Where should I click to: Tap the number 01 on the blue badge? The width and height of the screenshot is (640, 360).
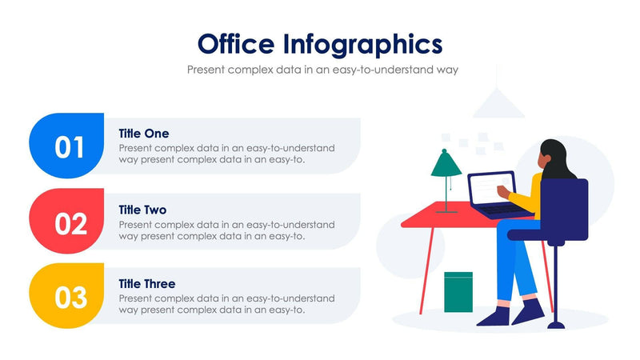coord(70,147)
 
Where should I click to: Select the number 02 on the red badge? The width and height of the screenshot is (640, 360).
coord(70,223)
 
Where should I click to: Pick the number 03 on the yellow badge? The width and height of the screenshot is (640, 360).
coord(70,298)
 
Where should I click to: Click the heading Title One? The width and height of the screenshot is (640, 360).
coord(144,133)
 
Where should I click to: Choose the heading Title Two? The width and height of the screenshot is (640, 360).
coord(142,210)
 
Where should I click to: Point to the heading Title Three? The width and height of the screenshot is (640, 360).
coord(147,284)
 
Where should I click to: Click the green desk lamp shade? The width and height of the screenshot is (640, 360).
coord(446,165)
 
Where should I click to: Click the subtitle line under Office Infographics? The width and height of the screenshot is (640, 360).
coord(322,70)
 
